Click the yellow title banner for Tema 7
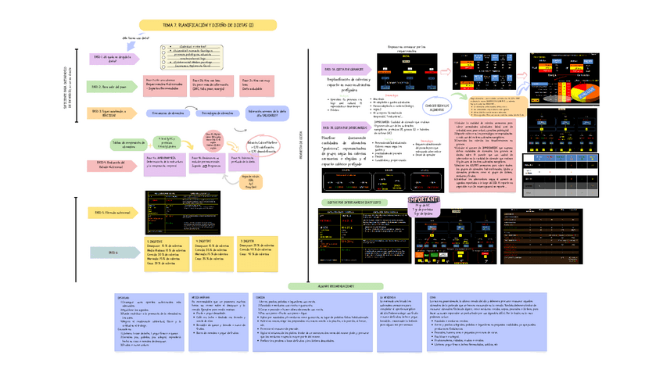pyautogui.click(x=219, y=26)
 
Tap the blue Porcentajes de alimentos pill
pyautogui.click(x=217, y=113)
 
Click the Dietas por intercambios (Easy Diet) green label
pyautogui.click(x=351, y=202)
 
